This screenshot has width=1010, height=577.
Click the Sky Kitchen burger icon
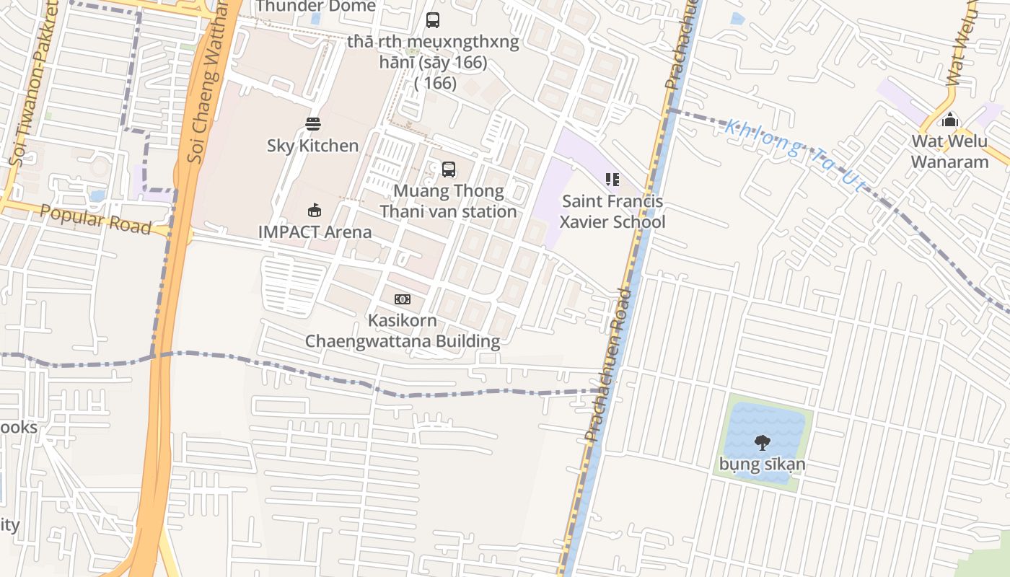(312, 124)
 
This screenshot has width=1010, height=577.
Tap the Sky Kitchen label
(312, 146)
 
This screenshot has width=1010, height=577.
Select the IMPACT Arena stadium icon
(314, 211)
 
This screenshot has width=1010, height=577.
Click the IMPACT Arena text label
(315, 232)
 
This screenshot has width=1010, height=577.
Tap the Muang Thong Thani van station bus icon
(449, 169)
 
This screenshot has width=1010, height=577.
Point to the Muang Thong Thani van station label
(448, 201)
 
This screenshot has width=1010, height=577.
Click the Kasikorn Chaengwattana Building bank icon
(402, 299)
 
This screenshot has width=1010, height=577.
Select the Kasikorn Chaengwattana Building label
(403, 330)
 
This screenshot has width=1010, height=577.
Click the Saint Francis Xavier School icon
(612, 180)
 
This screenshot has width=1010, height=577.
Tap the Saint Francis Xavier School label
(612, 211)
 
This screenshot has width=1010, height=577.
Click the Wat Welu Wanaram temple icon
(950, 119)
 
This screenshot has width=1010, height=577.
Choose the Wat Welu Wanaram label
(949, 151)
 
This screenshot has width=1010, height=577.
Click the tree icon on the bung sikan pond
(762, 442)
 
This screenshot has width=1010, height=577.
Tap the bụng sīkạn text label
(762, 464)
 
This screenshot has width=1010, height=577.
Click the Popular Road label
(95, 219)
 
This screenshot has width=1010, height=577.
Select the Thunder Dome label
(315, 6)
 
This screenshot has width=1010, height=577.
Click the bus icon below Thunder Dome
(433, 20)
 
